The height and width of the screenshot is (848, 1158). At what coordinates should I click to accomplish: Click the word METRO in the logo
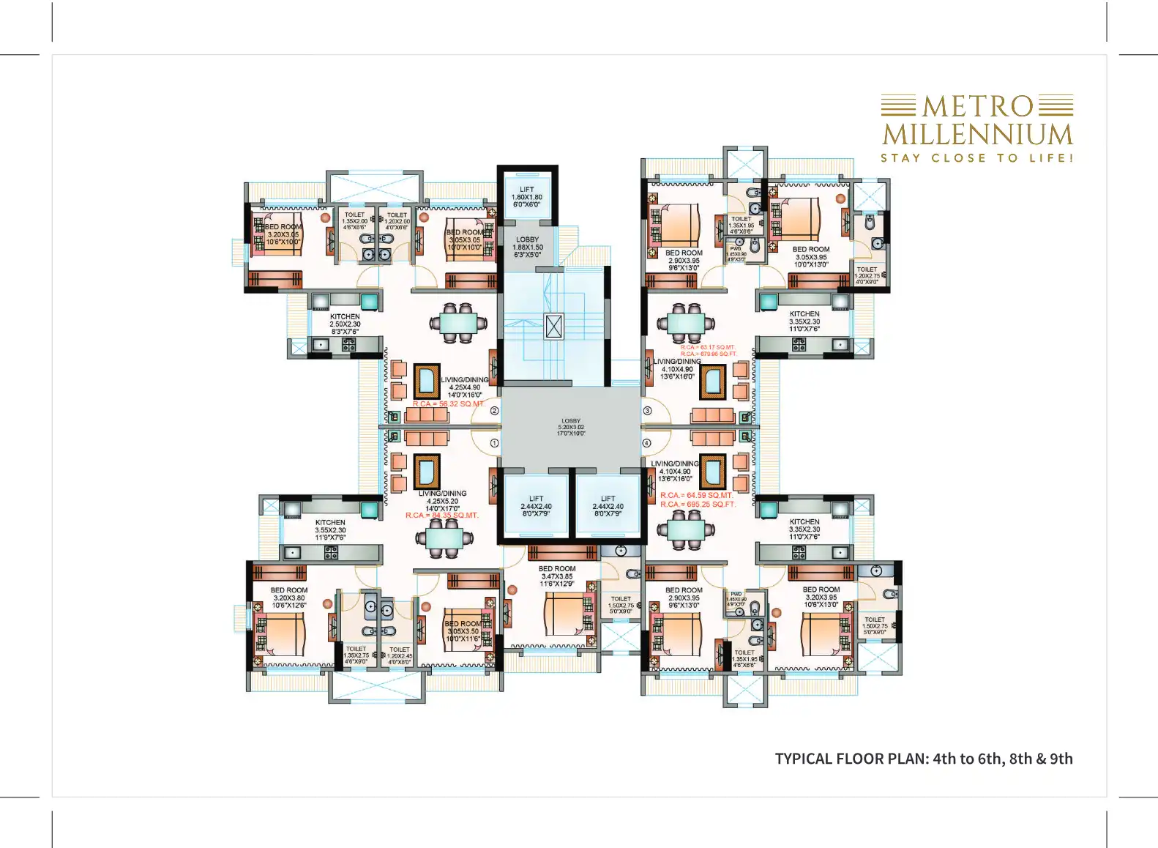point(977,107)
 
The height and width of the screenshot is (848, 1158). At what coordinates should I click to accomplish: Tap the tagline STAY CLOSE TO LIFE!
point(976,158)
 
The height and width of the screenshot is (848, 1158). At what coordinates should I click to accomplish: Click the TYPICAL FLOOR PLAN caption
point(924,759)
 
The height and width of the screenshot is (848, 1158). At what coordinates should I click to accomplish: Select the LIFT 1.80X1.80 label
point(527,197)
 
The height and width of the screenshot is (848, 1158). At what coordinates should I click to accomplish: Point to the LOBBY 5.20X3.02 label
point(571,427)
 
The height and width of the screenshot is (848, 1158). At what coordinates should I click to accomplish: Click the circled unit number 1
point(494,443)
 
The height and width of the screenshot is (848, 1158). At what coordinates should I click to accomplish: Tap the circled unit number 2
point(494,411)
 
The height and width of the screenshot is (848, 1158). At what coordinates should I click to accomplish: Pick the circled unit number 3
point(647,411)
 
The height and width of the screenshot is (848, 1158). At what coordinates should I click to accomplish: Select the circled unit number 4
point(647,443)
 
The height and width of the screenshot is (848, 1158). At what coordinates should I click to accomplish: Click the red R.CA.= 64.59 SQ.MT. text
point(696,496)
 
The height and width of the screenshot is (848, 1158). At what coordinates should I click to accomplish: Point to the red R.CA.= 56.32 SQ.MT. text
point(448,404)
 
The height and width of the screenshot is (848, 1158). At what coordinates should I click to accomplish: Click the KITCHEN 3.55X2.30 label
point(330,530)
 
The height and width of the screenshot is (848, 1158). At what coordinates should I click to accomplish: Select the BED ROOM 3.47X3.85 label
point(557,576)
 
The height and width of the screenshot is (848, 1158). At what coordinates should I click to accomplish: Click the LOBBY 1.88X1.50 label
point(527,248)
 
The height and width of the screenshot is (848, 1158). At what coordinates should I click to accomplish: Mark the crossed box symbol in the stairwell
point(554,327)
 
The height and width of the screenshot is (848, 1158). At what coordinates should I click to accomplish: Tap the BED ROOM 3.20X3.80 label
point(289,598)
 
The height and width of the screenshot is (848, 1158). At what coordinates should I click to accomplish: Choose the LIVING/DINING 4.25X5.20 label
point(443,501)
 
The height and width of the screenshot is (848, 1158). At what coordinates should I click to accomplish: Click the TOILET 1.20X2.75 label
point(867,275)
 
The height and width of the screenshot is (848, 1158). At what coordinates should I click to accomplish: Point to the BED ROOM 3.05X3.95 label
point(811,257)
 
